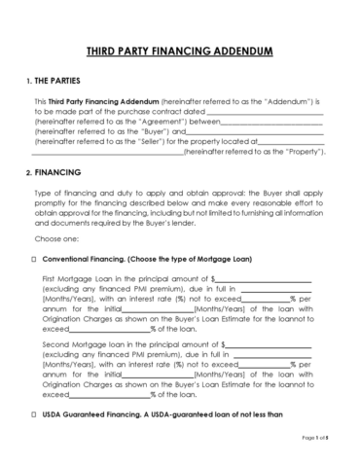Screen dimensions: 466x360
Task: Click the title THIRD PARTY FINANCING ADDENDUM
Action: [x=179, y=50]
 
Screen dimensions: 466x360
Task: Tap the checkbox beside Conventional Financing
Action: [x=35, y=260]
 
